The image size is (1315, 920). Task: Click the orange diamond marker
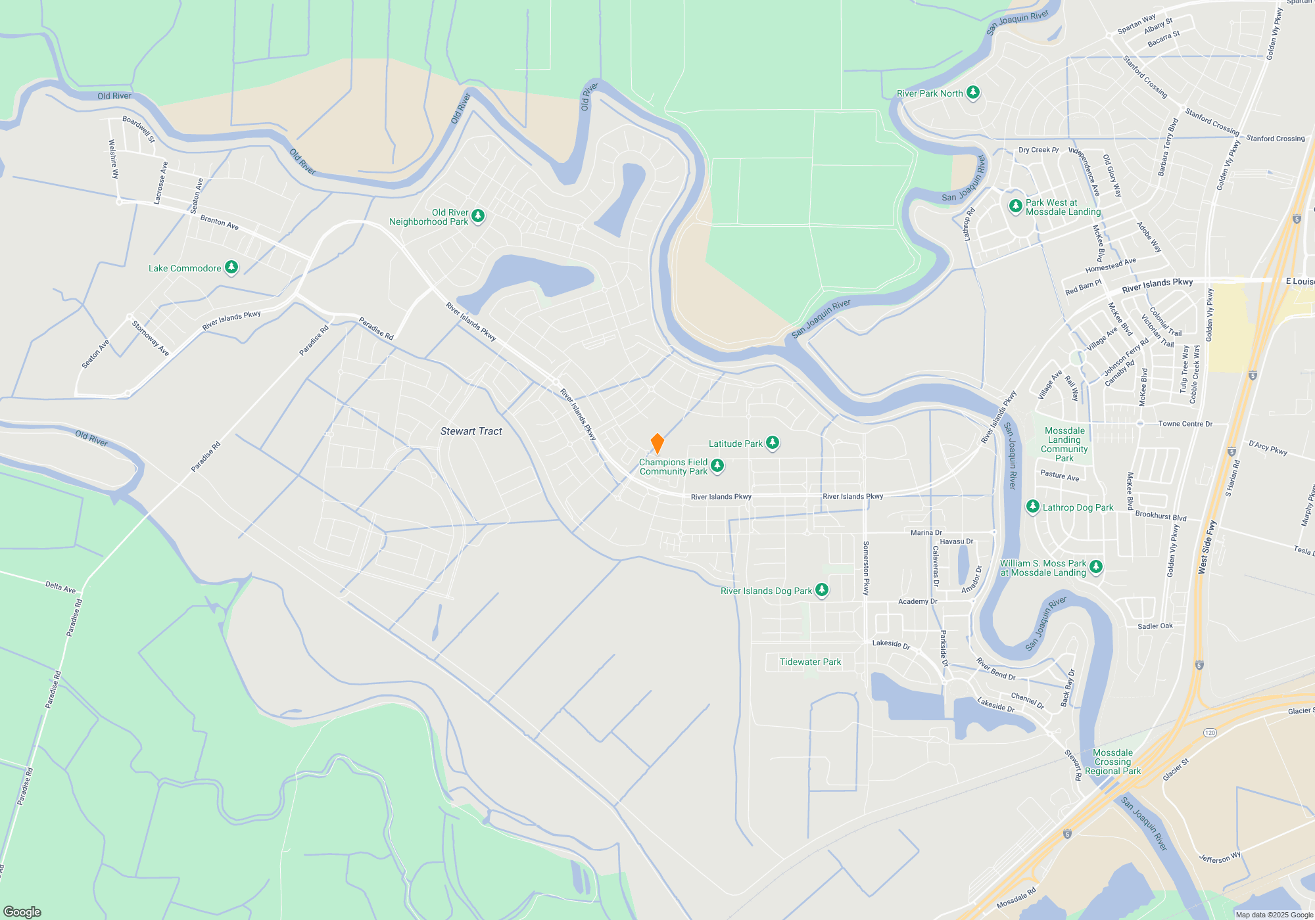(x=657, y=444)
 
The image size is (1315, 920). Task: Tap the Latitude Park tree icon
(x=773, y=443)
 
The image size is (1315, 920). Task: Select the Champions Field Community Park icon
(x=717, y=466)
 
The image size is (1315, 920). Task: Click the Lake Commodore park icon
(x=231, y=267)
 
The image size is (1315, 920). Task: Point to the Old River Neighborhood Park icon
(x=478, y=216)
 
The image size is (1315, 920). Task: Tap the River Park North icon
(x=973, y=93)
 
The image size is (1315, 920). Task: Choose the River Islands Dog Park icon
(x=822, y=589)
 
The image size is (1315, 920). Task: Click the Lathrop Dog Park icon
(x=1033, y=506)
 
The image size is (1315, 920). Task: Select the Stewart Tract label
(x=471, y=431)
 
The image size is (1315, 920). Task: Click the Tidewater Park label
(x=810, y=662)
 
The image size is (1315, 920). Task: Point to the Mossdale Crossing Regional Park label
(x=1112, y=762)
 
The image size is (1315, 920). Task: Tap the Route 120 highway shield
(x=1210, y=732)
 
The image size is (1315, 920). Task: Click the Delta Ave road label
(x=60, y=587)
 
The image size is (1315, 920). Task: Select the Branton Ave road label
(x=219, y=222)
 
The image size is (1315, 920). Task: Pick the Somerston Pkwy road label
(x=866, y=568)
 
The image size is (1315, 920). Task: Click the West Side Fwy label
(x=1208, y=547)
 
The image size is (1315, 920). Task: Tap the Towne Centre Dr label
(x=1185, y=424)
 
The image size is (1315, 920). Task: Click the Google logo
(x=22, y=911)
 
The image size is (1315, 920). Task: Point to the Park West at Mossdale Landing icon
(x=1015, y=206)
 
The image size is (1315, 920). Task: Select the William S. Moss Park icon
(x=1095, y=566)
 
